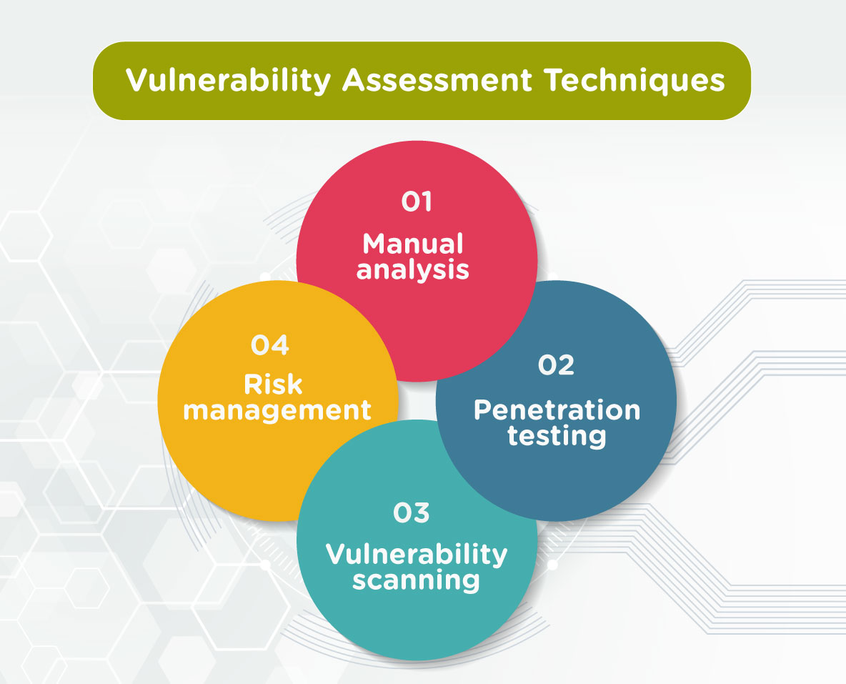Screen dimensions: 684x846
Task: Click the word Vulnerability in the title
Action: pos(228,81)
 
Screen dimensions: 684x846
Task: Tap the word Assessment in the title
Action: pos(437,81)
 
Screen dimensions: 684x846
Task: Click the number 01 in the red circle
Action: pos(417,202)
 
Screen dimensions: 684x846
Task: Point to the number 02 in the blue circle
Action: pos(556,365)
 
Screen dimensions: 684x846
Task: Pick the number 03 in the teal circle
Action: pos(412,513)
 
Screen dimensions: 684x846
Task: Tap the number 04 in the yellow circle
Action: pos(270,345)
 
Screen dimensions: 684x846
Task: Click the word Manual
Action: pos(413,244)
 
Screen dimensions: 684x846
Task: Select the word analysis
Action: pos(413,270)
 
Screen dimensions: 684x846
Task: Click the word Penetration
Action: pos(557,410)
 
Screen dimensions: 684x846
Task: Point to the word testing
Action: pos(557,435)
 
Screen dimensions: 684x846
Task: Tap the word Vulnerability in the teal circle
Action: pos(417,554)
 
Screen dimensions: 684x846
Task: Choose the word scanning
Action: pos(416,580)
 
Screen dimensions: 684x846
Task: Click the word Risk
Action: pos(273,385)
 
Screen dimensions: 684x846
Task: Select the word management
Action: pos(277,410)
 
